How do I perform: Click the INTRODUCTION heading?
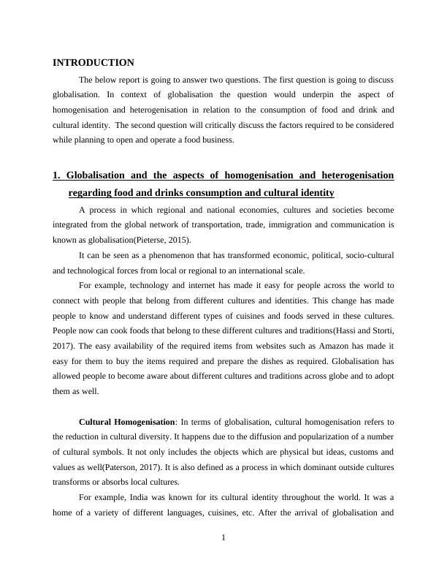point(93,63)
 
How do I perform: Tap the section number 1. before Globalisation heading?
point(56,175)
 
